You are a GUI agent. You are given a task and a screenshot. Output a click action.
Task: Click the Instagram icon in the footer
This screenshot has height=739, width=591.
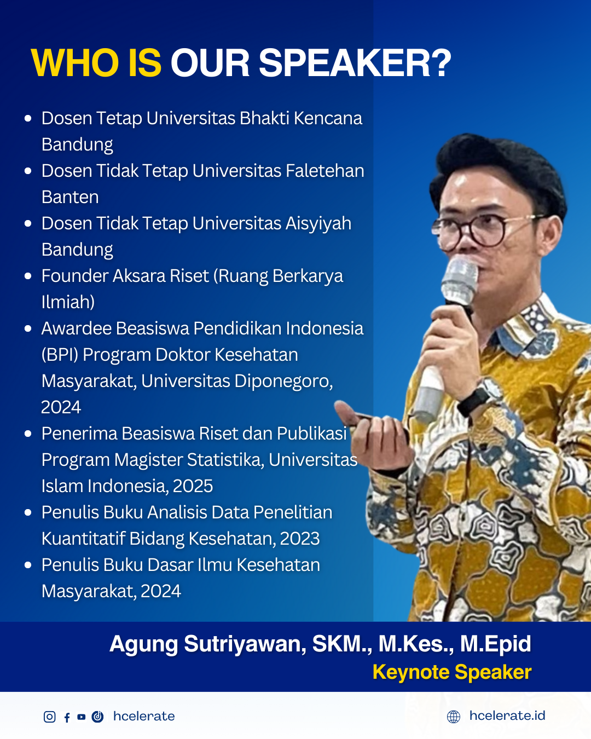click(50, 717)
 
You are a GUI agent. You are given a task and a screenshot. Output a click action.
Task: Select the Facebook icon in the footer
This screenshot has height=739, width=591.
click(67, 717)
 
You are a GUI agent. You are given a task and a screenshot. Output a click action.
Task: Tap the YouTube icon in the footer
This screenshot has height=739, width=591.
click(82, 717)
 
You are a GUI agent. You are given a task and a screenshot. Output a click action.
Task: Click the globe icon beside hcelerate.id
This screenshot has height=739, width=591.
click(454, 717)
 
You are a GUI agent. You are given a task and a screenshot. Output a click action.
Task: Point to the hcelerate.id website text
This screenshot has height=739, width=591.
click(507, 715)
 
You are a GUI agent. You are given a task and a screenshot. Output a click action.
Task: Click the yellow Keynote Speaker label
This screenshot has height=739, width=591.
click(452, 672)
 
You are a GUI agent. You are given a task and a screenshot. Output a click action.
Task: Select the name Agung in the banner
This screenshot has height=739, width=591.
click(143, 644)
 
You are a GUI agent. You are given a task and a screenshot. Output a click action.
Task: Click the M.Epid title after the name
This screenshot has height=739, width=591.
click(495, 644)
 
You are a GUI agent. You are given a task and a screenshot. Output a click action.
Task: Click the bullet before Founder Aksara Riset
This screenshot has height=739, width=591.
click(28, 276)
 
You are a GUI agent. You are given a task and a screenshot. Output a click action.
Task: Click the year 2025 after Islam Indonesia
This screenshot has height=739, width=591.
click(193, 486)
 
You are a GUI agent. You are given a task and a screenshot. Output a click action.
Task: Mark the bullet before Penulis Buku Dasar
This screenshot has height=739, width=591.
click(28, 565)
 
